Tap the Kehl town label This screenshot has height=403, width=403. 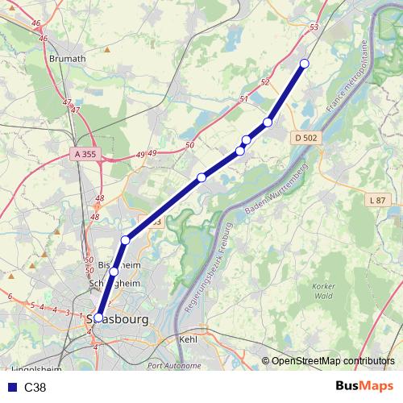click(187, 340)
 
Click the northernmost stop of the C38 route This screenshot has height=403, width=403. click(305, 64)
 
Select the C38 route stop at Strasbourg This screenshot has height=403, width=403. click(98, 318)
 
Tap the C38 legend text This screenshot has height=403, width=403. click(35, 388)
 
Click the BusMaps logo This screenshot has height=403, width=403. click(364, 388)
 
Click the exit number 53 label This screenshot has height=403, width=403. click(314, 27)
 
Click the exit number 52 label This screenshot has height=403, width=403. click(265, 83)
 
